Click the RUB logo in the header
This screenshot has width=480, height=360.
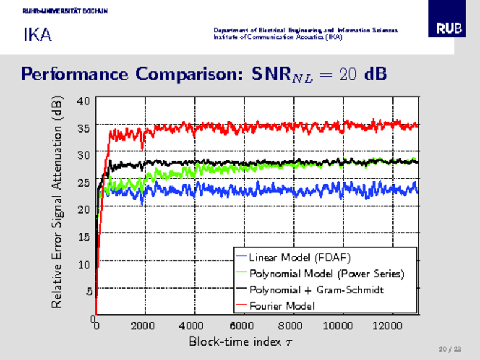tap(449, 28)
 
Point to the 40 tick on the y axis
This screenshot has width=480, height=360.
tap(84, 100)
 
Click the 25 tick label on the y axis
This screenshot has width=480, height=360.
tap(84, 182)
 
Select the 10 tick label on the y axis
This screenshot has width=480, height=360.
tap(84, 263)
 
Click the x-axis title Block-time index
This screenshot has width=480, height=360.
tap(240, 341)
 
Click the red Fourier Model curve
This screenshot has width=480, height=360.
tap(300, 127)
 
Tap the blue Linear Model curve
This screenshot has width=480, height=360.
tap(300, 190)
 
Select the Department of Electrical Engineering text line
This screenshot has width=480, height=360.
tap(305, 30)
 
